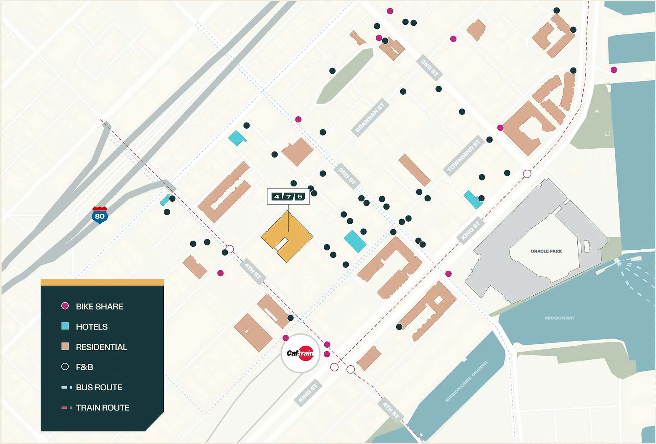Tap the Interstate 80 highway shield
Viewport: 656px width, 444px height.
100,215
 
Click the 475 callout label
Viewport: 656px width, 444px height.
288,197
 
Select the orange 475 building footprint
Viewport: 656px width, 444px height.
287,236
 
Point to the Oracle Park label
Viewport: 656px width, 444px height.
546,251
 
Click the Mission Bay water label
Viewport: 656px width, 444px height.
559,318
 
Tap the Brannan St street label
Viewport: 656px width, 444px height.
370,117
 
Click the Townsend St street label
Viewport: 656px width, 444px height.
464,156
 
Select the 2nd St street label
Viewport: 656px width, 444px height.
430,68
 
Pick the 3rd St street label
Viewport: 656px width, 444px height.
347,176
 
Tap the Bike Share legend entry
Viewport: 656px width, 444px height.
99,307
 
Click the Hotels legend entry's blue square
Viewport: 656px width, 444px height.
65,326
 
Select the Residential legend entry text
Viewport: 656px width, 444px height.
101,347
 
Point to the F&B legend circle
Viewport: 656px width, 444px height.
65,367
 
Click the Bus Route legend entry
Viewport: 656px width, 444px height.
99,387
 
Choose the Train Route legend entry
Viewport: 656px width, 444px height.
102,408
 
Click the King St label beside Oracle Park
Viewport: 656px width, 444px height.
470,230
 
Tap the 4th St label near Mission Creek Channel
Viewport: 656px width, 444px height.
390,410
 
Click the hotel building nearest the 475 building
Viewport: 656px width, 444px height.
355,241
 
